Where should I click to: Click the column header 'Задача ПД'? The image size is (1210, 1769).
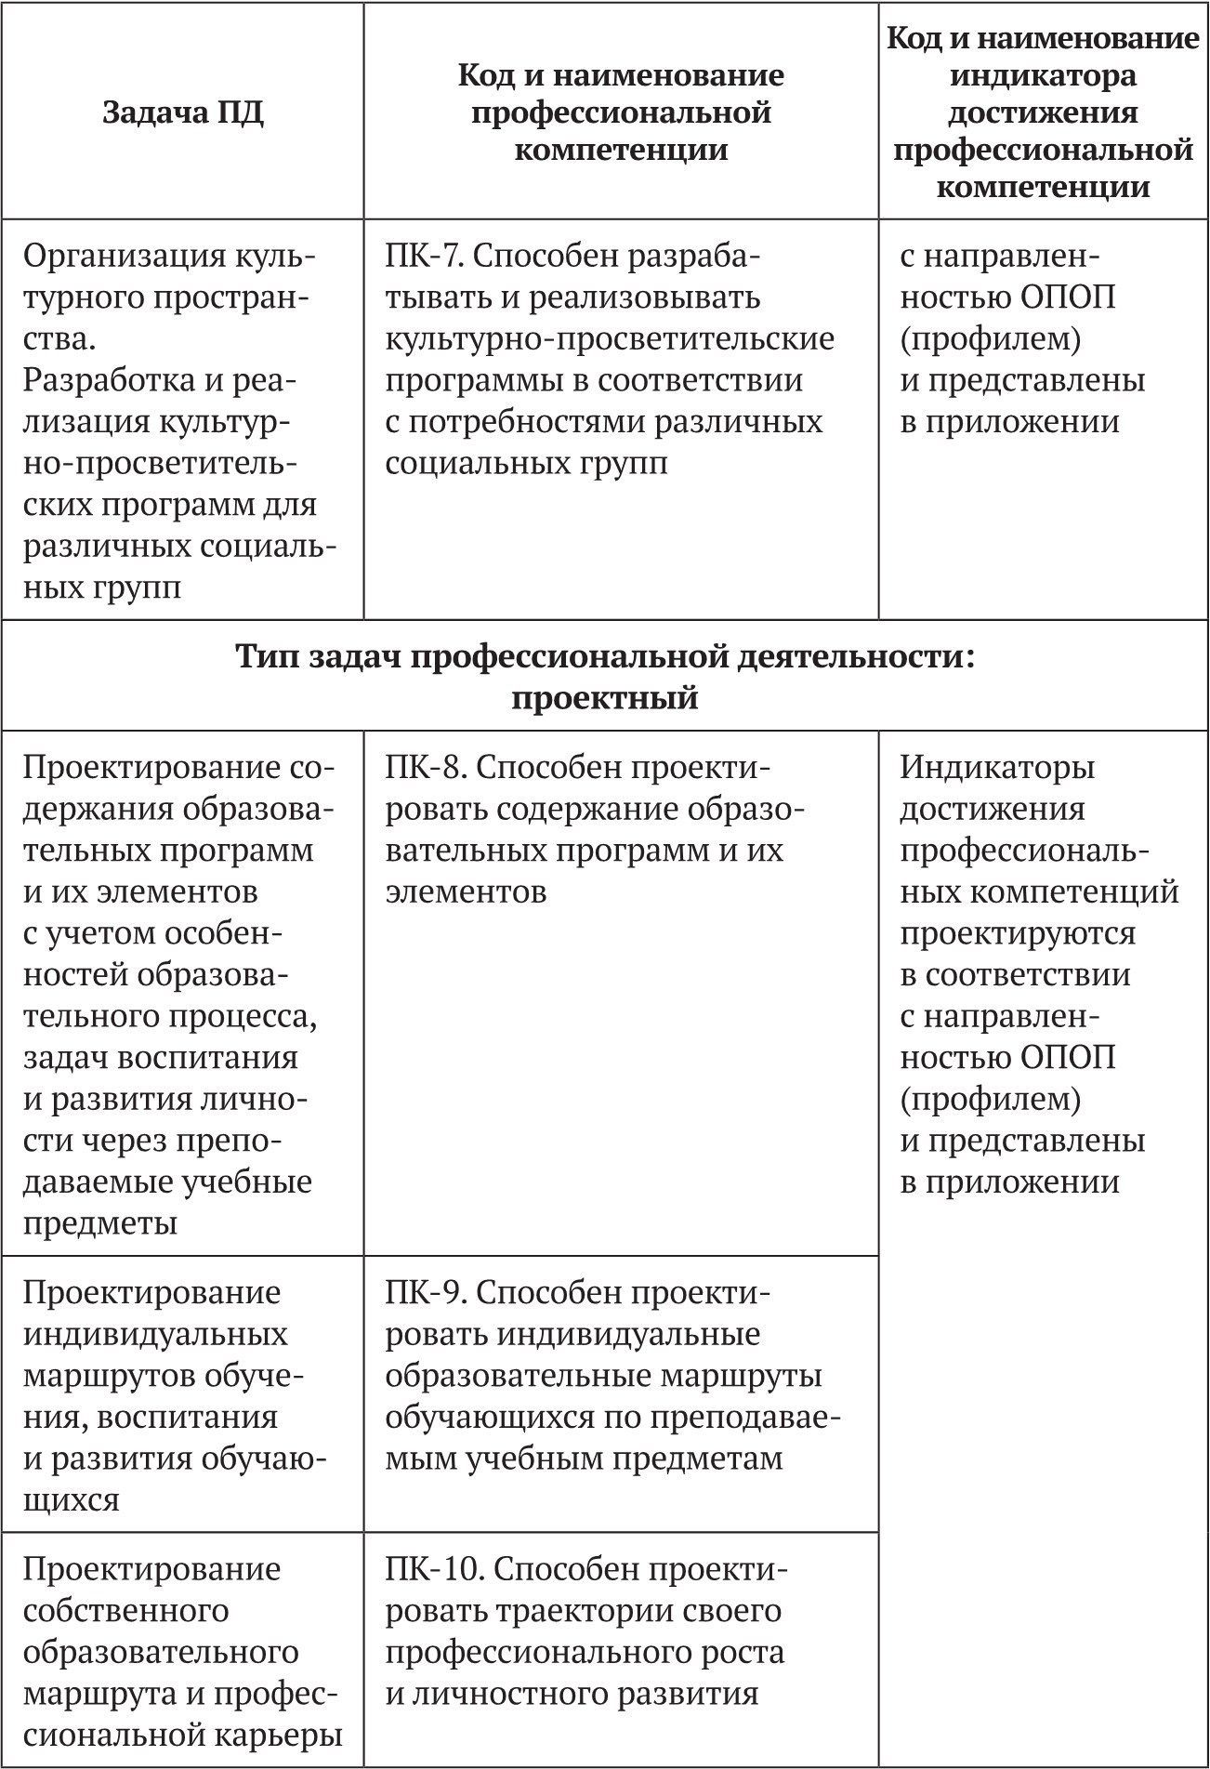[182, 112]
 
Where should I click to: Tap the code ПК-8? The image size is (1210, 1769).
[422, 768]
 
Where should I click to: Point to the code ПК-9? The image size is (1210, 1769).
[422, 1293]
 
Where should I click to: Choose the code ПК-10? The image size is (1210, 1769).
[429, 1569]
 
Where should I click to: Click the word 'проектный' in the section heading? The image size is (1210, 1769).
[604, 697]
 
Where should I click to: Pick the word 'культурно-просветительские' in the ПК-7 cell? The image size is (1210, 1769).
[610, 339]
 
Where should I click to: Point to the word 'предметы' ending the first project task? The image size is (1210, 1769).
[99, 1223]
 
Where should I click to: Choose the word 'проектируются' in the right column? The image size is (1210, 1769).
[1018, 933]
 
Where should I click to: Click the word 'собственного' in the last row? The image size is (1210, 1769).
[125, 1611]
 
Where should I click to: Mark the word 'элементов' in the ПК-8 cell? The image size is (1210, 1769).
[466, 892]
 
